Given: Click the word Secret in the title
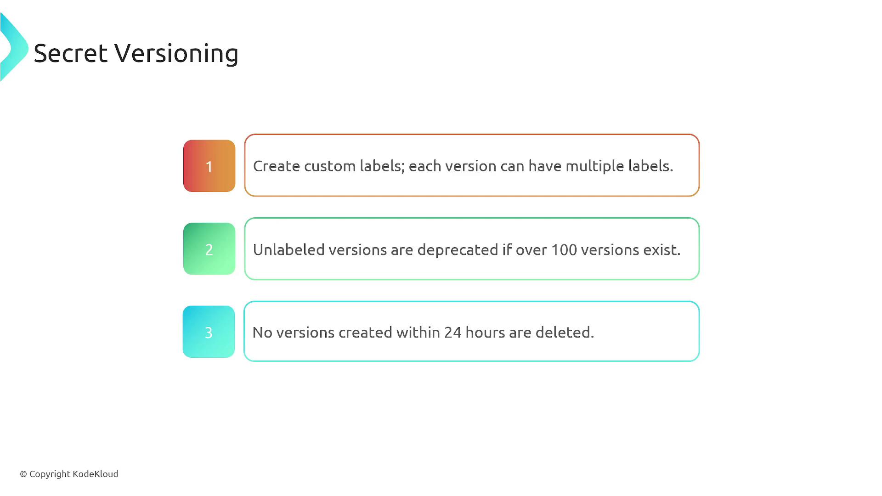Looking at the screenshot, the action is tap(71, 53).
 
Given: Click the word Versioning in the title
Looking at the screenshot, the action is tap(176, 54).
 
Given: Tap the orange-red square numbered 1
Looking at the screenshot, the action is tap(209, 166).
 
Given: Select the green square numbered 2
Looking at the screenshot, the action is tap(209, 249).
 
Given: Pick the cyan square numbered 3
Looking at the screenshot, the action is tap(209, 332).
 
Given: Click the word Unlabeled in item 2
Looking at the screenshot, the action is tap(289, 249).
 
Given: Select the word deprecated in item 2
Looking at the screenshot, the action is tap(458, 250).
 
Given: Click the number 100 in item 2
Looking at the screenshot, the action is tap(564, 250).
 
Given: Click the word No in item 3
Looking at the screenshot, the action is tap(262, 333).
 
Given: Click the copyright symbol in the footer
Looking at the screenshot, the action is tap(23, 474).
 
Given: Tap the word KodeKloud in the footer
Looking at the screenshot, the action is tap(96, 474).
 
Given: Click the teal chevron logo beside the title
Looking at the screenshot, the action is tap(14, 47).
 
